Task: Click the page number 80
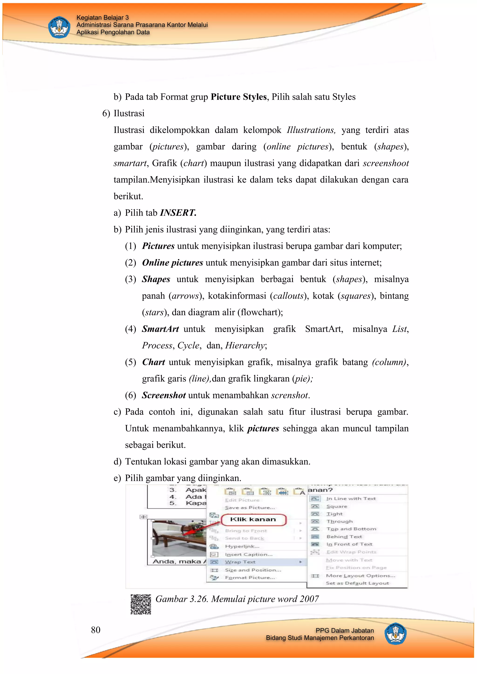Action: click(x=95, y=630)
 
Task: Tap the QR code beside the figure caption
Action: click(x=141, y=604)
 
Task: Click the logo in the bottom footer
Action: click(x=395, y=634)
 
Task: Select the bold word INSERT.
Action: click(x=178, y=213)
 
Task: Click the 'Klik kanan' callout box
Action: click(x=253, y=520)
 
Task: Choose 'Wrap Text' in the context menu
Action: click(x=240, y=562)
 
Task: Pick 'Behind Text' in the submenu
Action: click(x=344, y=537)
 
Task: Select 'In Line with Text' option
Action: click(x=351, y=498)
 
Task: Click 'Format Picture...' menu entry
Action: click(x=250, y=577)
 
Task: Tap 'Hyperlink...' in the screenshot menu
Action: click(x=242, y=546)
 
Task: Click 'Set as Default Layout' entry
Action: click(x=357, y=583)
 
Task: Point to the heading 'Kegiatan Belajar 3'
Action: click(x=102, y=18)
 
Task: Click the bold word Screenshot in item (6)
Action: click(x=164, y=395)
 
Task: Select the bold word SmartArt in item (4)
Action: click(x=160, y=329)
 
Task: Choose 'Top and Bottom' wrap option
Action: click(x=351, y=529)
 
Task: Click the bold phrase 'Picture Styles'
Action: click(x=238, y=97)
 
